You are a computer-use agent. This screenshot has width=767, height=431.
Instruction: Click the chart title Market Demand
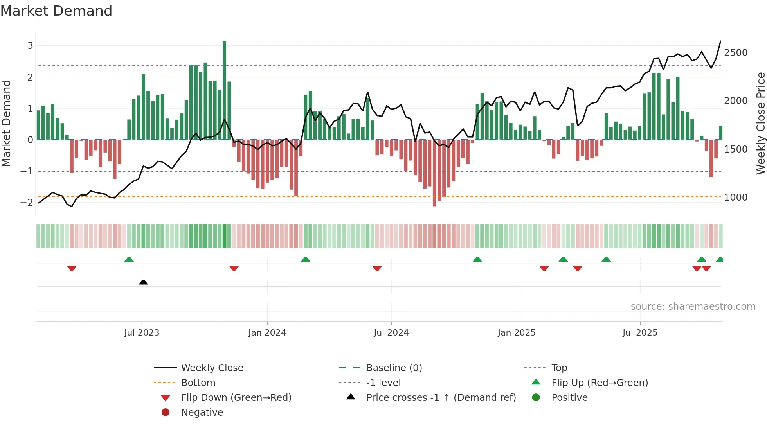click(x=56, y=11)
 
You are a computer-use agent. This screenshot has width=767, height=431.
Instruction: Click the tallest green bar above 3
click(x=224, y=90)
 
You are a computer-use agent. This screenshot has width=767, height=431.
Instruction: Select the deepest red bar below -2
click(x=434, y=173)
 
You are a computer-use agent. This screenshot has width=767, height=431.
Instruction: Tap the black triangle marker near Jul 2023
click(x=143, y=282)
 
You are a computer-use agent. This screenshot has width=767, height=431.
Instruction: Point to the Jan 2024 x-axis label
click(x=267, y=333)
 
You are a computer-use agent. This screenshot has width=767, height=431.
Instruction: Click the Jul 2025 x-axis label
click(x=640, y=333)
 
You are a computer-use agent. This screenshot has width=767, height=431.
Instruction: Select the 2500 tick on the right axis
click(x=736, y=53)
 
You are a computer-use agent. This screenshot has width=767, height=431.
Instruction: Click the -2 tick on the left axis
click(x=27, y=203)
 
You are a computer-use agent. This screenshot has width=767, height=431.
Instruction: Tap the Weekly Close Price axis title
click(x=760, y=123)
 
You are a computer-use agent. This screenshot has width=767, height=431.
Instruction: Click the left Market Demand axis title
click(x=7, y=123)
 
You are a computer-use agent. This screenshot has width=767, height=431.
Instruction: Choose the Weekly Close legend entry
click(x=212, y=368)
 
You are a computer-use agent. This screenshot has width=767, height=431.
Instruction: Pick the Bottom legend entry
click(x=198, y=383)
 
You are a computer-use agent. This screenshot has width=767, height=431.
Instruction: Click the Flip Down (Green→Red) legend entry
click(x=236, y=398)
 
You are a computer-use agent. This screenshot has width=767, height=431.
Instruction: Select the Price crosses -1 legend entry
click(x=441, y=398)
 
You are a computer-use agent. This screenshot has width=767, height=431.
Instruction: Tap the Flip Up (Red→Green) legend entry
click(x=600, y=383)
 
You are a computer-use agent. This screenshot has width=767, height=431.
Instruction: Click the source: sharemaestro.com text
click(x=693, y=307)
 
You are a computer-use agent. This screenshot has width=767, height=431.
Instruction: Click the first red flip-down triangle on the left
click(x=72, y=268)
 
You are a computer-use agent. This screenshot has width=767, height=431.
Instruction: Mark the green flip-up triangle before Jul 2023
click(x=129, y=259)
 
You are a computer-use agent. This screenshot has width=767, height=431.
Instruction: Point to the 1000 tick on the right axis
click(x=736, y=198)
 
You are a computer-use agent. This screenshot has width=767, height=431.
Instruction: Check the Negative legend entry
click(x=202, y=413)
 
